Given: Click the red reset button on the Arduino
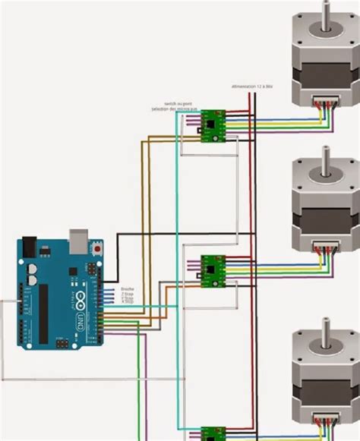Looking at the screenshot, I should coord(96,247).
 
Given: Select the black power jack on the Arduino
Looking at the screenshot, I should coord(27,247).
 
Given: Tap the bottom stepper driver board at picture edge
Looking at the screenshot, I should coord(212,434).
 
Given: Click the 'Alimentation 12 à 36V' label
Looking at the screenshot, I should coord(251,87).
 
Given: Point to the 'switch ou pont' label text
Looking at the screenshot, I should coord(178,103).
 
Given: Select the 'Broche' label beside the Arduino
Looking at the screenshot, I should coord(127,289).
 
